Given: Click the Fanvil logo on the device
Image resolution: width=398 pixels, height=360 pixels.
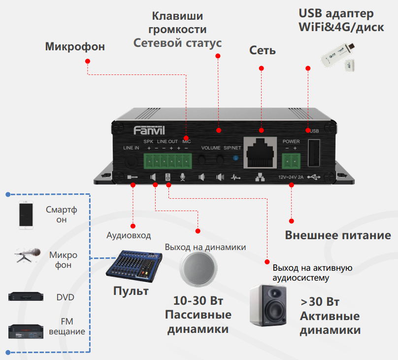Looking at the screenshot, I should click(149, 130).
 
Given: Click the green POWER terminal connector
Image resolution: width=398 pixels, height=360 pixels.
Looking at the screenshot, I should click(291, 159).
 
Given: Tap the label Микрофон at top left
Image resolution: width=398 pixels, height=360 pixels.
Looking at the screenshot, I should click(75, 47).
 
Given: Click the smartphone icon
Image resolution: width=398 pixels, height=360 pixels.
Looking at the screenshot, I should click(27, 215).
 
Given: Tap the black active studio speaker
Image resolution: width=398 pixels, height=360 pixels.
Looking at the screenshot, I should click(268, 305).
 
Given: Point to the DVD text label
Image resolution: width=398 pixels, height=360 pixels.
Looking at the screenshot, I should click(65, 297).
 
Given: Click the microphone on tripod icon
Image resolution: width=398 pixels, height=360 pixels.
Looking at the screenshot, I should click(27, 255).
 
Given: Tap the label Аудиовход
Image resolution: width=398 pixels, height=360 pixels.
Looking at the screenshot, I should click(129, 235).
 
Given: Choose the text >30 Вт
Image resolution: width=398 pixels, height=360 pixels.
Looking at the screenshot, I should click(320, 302).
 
